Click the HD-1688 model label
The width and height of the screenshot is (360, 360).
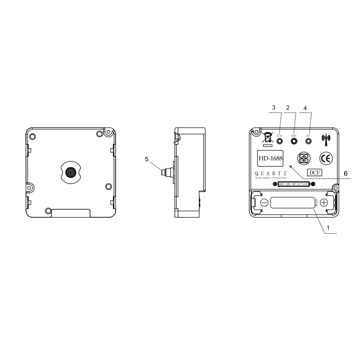(x=270, y=158)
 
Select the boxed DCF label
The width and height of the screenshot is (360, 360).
(x=315, y=172)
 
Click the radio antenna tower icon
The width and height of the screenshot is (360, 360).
(x=325, y=139)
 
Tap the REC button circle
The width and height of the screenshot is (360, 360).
(x=309, y=141)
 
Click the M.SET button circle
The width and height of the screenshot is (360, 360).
(x=280, y=141)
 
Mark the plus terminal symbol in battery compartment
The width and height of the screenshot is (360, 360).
(x=324, y=202)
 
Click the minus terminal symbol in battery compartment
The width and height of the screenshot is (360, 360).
(x=264, y=202)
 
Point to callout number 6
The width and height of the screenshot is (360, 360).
(x=346, y=174)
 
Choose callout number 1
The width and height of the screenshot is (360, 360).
(x=328, y=228)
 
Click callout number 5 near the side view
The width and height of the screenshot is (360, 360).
(x=147, y=159)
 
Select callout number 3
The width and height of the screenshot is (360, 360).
(x=274, y=108)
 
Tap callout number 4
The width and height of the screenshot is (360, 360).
(x=305, y=108)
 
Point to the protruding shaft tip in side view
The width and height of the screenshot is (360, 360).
(x=163, y=172)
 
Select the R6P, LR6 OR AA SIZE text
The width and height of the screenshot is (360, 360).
(x=293, y=184)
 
